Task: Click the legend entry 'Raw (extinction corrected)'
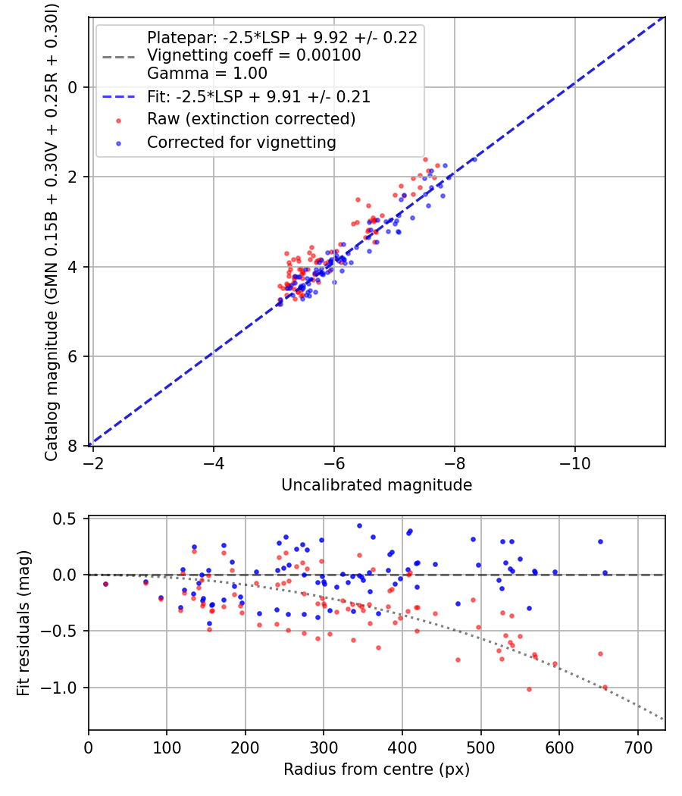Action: (x=251, y=119)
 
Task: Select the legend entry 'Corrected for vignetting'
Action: (x=241, y=142)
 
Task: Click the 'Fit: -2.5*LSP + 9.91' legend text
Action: (x=258, y=97)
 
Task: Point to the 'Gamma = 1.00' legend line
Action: (x=207, y=74)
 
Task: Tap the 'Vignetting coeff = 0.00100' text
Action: (x=254, y=55)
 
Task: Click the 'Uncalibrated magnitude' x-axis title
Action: (x=377, y=485)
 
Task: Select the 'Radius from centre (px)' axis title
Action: (x=377, y=769)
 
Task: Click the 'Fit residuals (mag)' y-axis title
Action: (x=23, y=623)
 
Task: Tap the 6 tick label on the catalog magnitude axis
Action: (x=74, y=356)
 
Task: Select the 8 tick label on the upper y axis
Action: (x=74, y=446)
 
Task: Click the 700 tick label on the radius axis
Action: (x=637, y=747)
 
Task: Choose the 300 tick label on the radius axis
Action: (x=324, y=747)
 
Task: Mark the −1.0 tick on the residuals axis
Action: (x=65, y=688)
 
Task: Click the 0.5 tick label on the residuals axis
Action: (x=70, y=519)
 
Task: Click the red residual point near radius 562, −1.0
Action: (x=529, y=689)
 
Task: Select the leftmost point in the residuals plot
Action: (x=105, y=584)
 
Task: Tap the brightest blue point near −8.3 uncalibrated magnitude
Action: (x=474, y=160)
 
